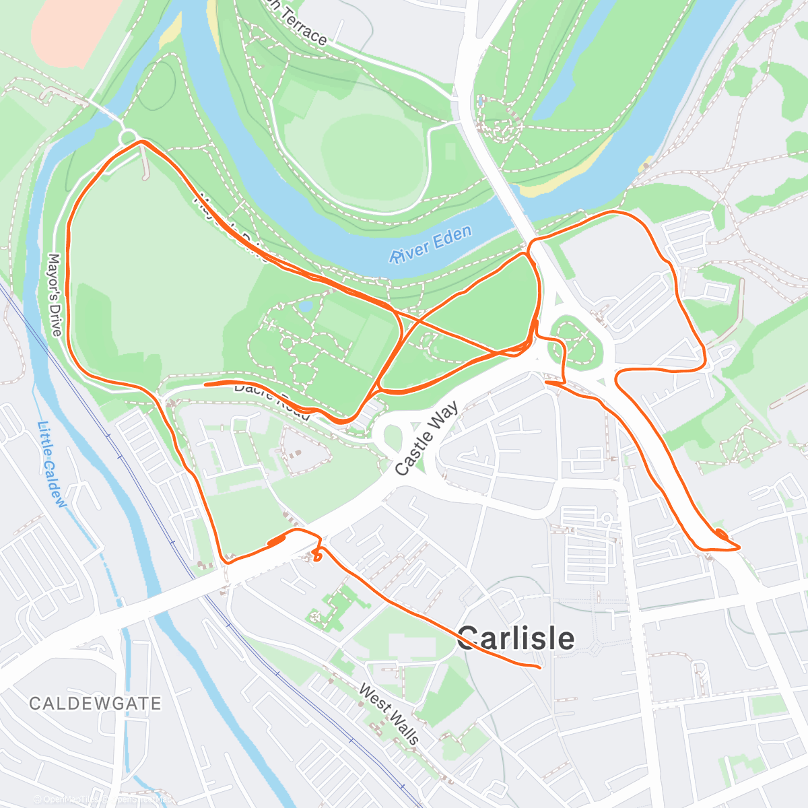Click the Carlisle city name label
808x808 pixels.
(516, 638)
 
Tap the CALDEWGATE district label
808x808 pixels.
(95, 704)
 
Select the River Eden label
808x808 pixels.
(431, 244)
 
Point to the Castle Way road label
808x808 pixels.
(427, 438)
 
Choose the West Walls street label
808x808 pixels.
(389, 714)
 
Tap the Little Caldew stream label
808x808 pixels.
(52, 465)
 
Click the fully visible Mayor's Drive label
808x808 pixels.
(55, 294)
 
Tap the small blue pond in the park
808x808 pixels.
(306, 307)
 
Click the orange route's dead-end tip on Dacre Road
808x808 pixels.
(205, 384)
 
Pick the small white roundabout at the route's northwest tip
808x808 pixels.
(127, 138)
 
